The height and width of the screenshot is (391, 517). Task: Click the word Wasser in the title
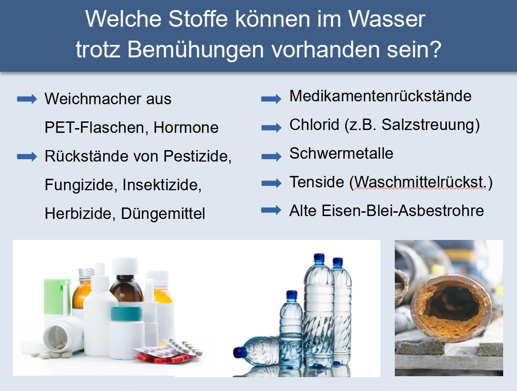click(387, 19)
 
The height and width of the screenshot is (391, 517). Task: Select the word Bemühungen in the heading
click(196, 50)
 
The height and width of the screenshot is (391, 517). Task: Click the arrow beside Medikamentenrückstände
click(271, 98)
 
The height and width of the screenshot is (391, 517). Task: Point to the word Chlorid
click(314, 125)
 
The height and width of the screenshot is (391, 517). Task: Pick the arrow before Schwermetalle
click(271, 156)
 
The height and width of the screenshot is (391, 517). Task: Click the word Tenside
click(317, 182)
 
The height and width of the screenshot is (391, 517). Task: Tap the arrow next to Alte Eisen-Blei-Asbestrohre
click(271, 210)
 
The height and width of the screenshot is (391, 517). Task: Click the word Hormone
click(186, 128)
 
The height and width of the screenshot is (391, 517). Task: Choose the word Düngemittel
click(163, 214)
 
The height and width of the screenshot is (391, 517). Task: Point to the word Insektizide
click(162, 185)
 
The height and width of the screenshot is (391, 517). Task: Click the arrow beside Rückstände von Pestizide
click(27, 156)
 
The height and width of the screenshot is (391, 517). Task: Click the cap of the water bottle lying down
click(239, 352)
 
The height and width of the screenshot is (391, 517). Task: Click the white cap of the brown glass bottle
click(125, 266)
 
